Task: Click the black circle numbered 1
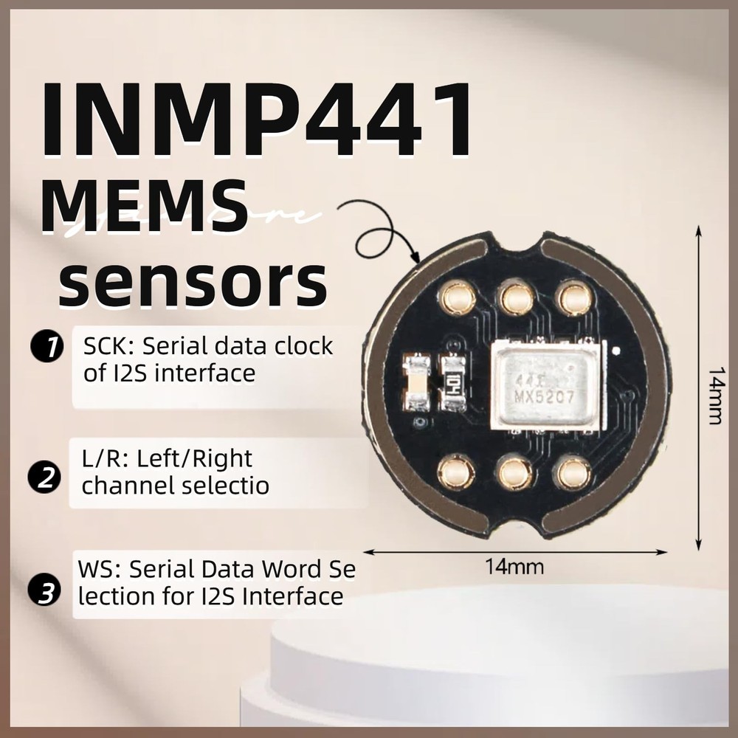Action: [x=46, y=348]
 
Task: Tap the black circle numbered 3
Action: [x=44, y=591]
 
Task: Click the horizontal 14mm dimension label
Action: [x=514, y=568]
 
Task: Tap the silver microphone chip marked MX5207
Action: [x=547, y=384]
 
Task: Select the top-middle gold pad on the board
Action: [x=517, y=299]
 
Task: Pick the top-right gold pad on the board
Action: [x=575, y=299]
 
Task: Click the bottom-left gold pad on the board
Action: [x=456, y=472]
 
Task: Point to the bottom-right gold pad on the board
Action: [x=573, y=473]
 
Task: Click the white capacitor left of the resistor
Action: [x=417, y=383]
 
